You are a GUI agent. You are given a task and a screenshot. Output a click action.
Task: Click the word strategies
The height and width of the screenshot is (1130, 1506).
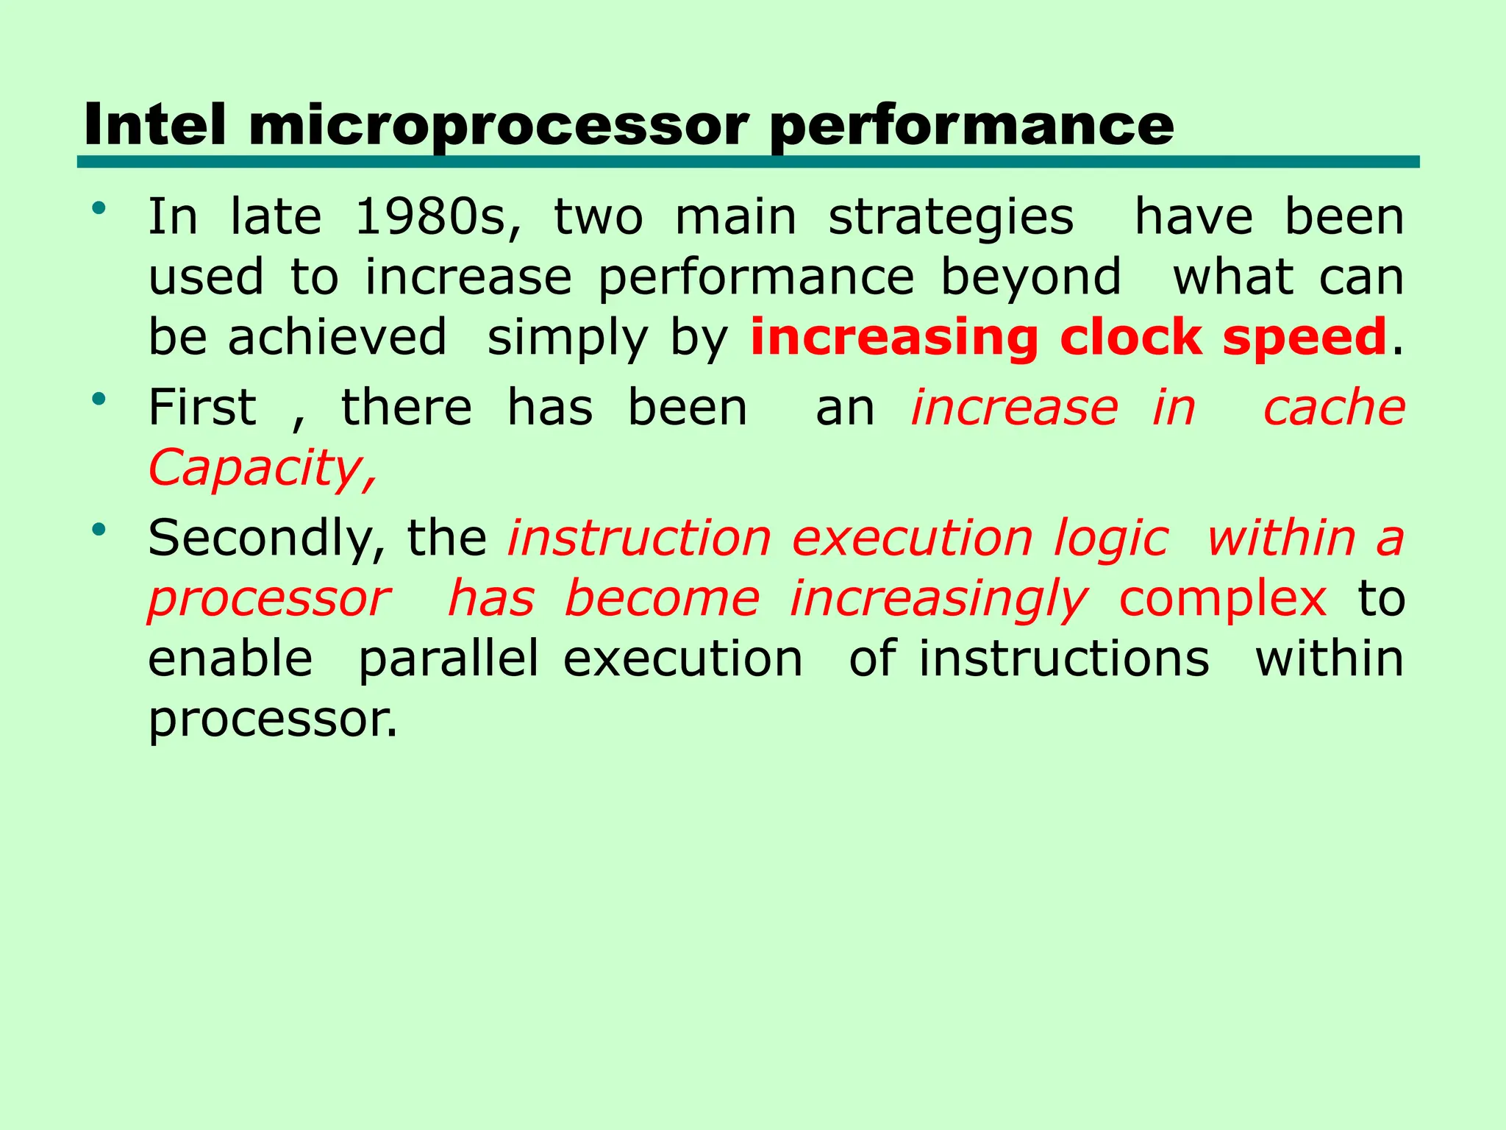pyautogui.click(x=951, y=219)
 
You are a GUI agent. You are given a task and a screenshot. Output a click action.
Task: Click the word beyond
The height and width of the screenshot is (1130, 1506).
pyautogui.click(x=1030, y=279)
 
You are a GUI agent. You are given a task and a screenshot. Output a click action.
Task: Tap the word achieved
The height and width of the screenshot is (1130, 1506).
pyautogui.click(x=337, y=338)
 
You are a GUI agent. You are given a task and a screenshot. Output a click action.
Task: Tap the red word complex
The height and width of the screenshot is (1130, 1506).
pyautogui.click(x=1222, y=599)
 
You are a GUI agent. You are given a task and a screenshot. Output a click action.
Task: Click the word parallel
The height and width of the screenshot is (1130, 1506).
pyautogui.click(x=449, y=660)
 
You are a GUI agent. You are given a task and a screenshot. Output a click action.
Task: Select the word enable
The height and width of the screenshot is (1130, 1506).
pyautogui.click(x=230, y=658)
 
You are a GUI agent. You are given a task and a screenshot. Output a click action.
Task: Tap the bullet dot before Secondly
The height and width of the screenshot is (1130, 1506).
pyautogui.click(x=99, y=529)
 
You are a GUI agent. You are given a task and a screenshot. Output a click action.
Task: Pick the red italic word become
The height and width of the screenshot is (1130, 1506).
pyautogui.click(x=662, y=599)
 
